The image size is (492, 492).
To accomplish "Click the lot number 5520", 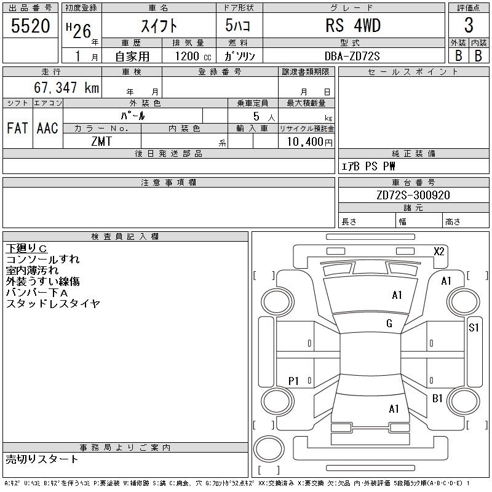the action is point(30,25).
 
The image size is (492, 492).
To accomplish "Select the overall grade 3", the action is point(469,25).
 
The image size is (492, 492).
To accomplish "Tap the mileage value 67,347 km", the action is point(66,87).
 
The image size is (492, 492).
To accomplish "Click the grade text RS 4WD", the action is point(353,25).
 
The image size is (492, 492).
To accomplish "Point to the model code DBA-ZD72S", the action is point(352,56).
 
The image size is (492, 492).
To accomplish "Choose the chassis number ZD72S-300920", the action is point(413,195).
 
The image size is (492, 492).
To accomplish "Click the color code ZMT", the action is point(101,141).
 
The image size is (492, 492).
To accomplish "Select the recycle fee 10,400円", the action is point(310,142).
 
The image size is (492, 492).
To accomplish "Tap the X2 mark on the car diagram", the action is point(439,252).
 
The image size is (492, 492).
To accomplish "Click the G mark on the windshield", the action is point(389,323).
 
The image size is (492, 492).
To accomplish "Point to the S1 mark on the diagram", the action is point(474,328).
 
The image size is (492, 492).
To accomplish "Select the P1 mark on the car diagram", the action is point(293,381).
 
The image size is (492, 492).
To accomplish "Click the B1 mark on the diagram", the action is point(437,399).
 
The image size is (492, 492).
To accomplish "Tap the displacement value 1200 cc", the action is point(193,56).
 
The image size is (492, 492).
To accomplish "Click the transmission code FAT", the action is point(18,128).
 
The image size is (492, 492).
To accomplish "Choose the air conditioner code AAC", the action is point(48,128).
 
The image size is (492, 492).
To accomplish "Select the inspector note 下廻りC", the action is point(26,248).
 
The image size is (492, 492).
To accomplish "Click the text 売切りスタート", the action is point(42,459).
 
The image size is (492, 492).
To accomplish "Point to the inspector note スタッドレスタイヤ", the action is point(53,303).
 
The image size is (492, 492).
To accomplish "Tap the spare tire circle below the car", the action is point(269,448).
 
